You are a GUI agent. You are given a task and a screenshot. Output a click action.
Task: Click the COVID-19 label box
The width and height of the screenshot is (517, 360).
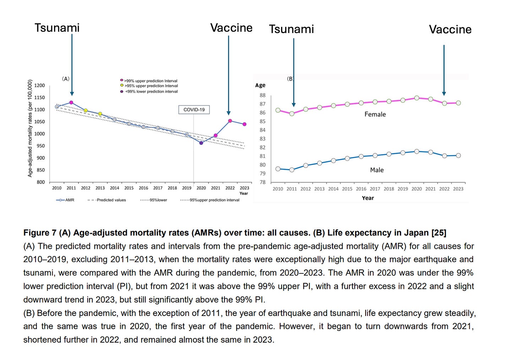194,110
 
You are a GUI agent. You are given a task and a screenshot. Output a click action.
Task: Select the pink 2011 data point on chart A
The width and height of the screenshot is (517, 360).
71,103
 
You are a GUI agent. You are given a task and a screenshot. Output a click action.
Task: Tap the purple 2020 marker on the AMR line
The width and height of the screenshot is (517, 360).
201,143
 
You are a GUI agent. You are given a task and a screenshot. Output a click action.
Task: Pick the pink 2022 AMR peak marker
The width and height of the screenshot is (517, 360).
230,121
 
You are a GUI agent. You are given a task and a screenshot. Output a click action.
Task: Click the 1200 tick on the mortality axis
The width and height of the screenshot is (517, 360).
40,86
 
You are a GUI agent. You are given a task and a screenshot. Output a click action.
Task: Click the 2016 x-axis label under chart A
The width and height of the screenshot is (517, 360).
143,188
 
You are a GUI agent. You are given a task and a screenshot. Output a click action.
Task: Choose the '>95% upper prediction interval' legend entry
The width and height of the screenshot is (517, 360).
151,86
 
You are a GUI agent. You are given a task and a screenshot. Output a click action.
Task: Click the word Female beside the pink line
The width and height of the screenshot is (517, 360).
375,114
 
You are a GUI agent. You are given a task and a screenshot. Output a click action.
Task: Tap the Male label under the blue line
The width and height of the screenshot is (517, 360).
377,170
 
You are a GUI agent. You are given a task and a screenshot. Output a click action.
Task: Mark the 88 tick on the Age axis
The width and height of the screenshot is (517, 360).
262,95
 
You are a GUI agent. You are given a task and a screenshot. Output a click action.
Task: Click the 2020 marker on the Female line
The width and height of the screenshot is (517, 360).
417,98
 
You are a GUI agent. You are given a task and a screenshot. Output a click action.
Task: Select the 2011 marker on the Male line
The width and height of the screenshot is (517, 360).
292,170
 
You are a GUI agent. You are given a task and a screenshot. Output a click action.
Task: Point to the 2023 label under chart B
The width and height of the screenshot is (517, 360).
458,189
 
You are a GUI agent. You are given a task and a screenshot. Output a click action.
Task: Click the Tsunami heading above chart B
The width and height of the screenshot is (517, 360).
291,29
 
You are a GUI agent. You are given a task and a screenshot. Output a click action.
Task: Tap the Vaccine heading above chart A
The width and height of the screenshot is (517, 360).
231,28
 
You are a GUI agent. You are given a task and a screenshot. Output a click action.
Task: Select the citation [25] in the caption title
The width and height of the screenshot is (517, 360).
439,233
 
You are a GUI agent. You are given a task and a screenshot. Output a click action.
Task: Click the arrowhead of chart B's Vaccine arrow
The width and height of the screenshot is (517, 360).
444,94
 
